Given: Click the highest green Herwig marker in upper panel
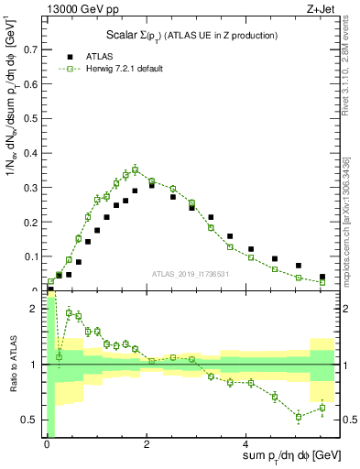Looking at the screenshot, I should pos(135,169).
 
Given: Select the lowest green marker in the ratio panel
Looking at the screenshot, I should pos(299,417).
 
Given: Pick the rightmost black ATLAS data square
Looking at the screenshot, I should pos(322,277).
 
